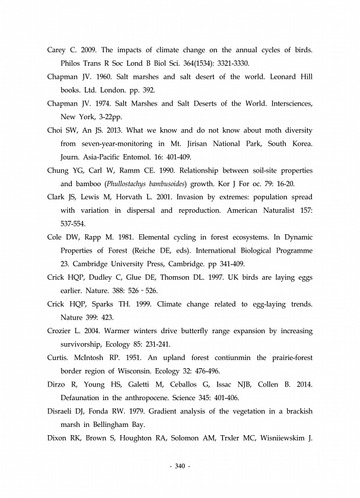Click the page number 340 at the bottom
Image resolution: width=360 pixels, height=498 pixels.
(x=180, y=467)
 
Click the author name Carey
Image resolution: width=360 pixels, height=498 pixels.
(x=57, y=49)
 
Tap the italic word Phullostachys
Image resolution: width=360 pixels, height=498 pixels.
(x=115, y=184)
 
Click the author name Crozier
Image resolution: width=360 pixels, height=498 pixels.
(x=59, y=331)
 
